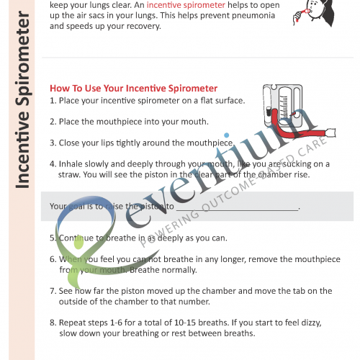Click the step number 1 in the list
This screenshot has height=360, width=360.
tap(53, 101)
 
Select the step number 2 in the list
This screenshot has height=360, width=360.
tap(53, 122)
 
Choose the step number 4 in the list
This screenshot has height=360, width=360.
tap(53, 163)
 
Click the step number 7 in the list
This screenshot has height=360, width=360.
tap(53, 291)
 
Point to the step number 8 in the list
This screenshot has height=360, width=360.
tap(53, 323)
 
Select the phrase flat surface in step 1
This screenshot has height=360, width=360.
tap(220, 101)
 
